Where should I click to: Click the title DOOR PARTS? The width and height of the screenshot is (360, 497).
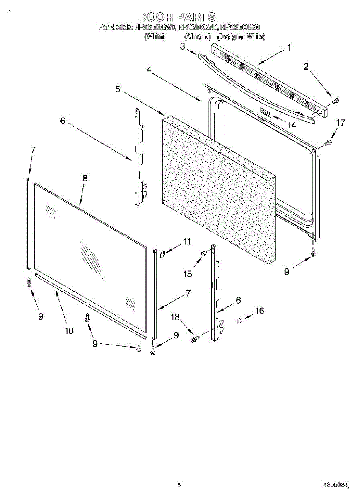(177, 17)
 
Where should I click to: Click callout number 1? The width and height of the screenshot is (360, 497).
(289, 47)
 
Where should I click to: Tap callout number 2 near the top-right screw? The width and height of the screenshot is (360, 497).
(306, 67)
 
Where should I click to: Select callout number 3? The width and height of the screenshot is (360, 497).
(182, 46)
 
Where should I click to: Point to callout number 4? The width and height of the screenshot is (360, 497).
(148, 70)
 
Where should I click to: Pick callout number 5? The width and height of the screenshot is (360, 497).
(118, 89)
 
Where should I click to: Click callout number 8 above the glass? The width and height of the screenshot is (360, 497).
(85, 178)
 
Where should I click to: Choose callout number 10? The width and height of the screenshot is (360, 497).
(69, 331)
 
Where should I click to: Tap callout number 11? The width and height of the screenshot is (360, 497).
(188, 241)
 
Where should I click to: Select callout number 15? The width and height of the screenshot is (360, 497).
(188, 274)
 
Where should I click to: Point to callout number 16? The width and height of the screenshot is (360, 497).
(260, 311)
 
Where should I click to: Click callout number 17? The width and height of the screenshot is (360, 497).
(341, 123)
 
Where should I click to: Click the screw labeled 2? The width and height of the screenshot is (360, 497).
(336, 100)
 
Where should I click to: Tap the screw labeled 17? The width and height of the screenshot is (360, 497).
(327, 143)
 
